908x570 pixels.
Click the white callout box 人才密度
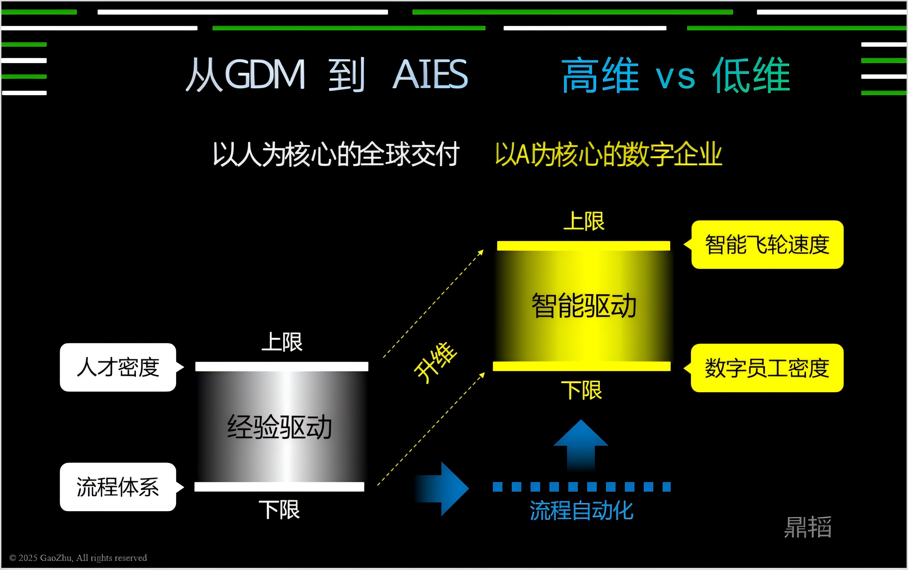118,367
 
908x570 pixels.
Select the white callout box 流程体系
118,487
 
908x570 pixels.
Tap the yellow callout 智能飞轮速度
767,245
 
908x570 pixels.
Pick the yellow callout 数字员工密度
767,368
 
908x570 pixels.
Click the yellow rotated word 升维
436,363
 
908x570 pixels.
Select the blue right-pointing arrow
444,489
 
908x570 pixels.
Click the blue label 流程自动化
581,511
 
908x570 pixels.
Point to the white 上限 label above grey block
282,342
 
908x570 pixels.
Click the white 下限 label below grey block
279,510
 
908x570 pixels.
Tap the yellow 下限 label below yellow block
581,390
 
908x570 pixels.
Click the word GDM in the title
265,74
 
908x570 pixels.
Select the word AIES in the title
430,74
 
